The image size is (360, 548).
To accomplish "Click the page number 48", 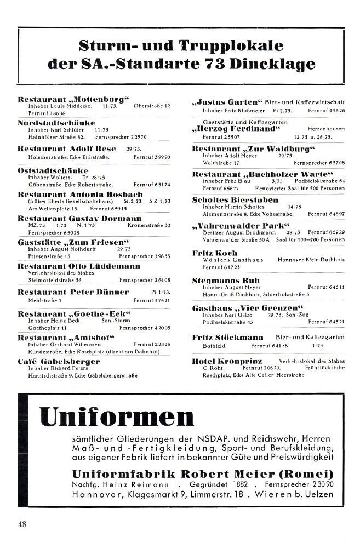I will (x=22, y=523).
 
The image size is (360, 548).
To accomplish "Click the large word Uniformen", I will (x=117, y=418).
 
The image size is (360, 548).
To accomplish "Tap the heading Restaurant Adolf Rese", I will (x=67, y=149).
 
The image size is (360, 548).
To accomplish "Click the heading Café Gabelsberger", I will (x=59, y=362).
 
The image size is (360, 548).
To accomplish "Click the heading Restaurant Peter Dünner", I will (x=73, y=292).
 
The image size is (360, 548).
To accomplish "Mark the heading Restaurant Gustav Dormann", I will (x=79, y=218).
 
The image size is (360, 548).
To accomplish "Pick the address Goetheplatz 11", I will (x=43, y=328).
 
